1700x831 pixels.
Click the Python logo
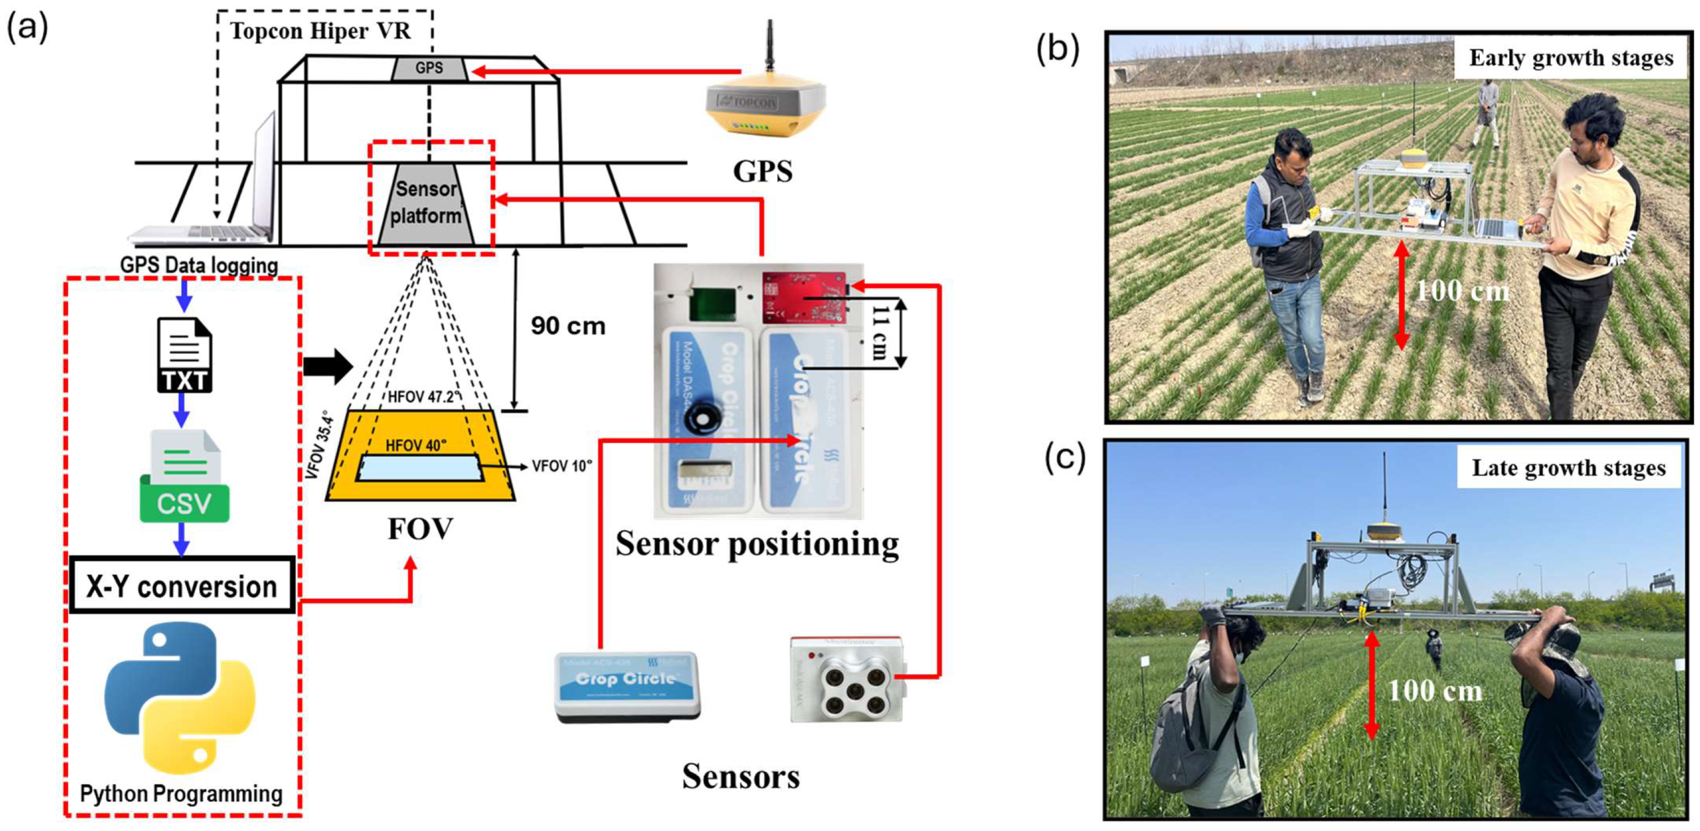pos(180,698)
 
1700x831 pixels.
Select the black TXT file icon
pos(184,355)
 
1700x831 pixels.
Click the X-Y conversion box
pos(182,585)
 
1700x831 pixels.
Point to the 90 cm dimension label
pos(568,326)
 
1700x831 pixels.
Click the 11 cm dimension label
pos(878,332)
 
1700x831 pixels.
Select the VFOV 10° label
pos(562,466)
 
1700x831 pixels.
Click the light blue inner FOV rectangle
pos(418,467)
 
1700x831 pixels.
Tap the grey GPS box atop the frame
pos(429,68)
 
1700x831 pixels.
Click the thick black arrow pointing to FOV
pos(328,365)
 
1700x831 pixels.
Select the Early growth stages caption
pos(1570,58)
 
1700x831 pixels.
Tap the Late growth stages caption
pos(1568,468)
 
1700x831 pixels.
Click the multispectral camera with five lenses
pos(848,680)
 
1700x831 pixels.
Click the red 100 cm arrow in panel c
pos(1372,686)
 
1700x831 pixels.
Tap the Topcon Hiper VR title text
pos(320,31)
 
